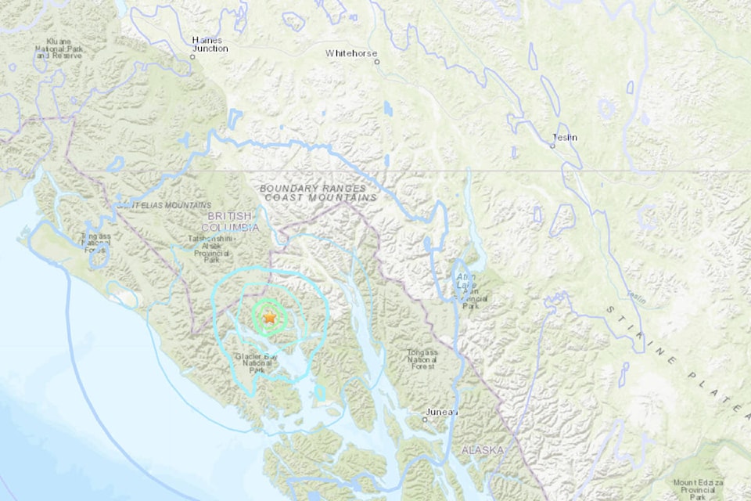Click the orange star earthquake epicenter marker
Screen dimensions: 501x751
[269, 318]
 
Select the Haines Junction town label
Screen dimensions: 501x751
[210, 44]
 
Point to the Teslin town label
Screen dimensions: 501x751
[565, 137]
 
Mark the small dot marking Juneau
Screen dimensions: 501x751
[425, 419]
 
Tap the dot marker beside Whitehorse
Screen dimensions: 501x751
[376, 61]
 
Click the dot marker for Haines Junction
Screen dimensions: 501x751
[192, 56]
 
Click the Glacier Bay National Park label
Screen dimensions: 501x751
[257, 362]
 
